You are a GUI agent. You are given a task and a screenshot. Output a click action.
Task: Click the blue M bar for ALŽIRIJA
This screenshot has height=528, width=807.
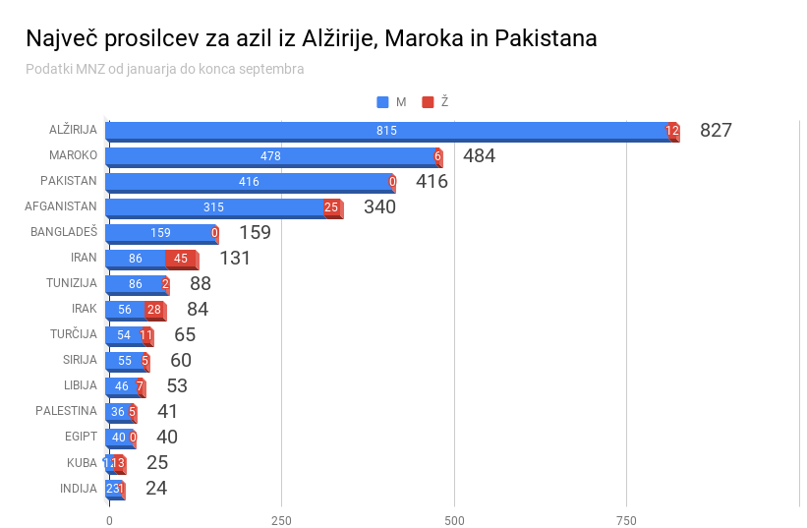point(386,131)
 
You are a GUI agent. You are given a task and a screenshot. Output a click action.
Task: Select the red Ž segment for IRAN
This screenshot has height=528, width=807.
point(181,259)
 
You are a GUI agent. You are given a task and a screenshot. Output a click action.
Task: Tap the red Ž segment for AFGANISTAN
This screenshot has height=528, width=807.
point(332,207)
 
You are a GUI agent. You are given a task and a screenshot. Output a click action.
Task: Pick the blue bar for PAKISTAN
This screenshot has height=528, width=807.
point(249,182)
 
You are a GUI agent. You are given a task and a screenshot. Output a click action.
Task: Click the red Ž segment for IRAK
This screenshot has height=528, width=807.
point(154,310)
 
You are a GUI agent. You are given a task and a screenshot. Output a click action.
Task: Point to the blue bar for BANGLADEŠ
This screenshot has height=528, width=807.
point(160,233)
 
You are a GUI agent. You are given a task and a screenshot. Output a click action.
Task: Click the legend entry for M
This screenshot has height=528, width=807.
point(391,102)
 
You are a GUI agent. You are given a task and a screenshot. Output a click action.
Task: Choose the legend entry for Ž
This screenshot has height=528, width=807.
point(435,102)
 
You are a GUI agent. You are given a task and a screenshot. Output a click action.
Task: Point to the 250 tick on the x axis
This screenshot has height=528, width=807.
point(281,519)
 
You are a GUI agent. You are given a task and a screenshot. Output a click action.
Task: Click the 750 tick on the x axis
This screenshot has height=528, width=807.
point(626,519)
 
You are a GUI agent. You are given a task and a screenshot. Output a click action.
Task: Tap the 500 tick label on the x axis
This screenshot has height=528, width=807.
point(454,519)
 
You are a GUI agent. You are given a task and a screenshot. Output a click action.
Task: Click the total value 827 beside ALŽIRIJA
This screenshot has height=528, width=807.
point(716,130)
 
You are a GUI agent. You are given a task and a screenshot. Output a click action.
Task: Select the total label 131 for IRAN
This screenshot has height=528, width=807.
point(235,258)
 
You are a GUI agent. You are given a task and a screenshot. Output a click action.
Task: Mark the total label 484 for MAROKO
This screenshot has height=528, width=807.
point(479,155)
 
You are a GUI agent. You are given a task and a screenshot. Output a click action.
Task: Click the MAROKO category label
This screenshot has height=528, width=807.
point(73,155)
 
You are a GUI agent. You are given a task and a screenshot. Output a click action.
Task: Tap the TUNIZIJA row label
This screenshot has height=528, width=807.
point(71,283)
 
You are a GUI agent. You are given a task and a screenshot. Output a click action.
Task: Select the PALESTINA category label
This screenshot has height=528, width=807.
point(66,411)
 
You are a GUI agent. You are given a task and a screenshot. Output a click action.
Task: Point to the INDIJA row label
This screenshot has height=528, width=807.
point(78,488)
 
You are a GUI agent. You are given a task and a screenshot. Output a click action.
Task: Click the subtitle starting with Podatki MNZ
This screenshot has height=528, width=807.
point(164,69)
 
